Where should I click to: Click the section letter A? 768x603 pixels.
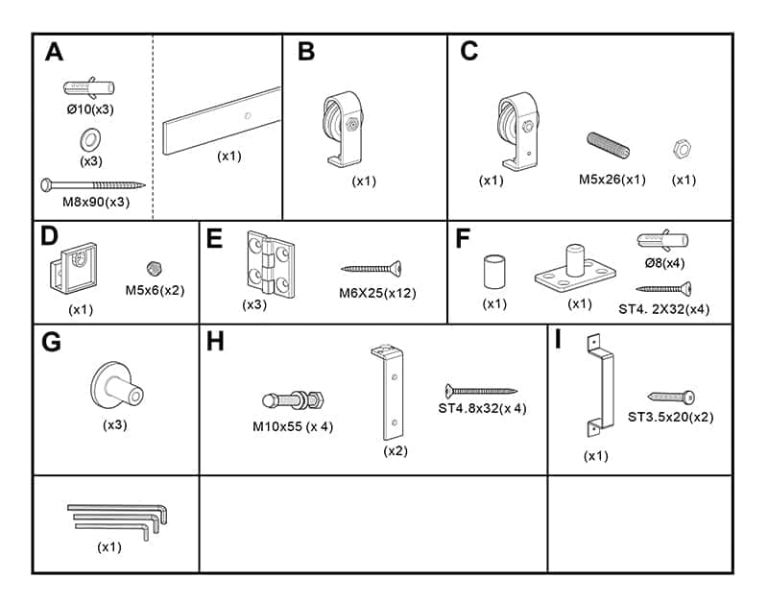point(55,52)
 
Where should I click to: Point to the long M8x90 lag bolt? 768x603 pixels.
point(91,183)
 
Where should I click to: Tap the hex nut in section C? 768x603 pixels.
point(683,150)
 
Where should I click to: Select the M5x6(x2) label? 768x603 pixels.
point(155,289)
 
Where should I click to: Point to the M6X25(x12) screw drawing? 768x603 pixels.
point(371,269)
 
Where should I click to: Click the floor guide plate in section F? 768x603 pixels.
point(573,271)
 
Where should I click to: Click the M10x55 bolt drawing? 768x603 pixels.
point(297,398)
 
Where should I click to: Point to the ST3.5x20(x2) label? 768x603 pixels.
point(670,417)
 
